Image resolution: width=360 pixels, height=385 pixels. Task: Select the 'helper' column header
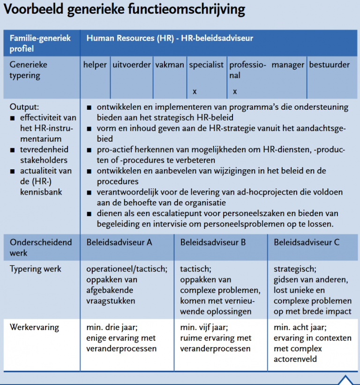95,65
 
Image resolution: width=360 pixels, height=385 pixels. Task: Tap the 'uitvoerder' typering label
132,65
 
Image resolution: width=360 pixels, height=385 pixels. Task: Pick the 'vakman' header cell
169,65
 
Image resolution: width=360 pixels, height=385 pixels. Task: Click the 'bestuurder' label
329,65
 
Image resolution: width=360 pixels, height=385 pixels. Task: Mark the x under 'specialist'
195,91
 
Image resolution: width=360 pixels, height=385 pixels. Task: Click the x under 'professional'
235,91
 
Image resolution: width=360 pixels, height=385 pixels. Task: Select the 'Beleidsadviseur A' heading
119,242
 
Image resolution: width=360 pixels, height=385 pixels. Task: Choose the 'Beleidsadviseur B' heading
213,242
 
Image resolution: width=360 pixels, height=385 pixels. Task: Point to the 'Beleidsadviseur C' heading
307,242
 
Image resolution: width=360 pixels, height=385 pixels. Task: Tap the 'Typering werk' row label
36,269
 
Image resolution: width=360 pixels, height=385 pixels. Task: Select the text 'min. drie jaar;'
112,327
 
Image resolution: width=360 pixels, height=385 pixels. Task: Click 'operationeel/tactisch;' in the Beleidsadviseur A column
127,269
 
